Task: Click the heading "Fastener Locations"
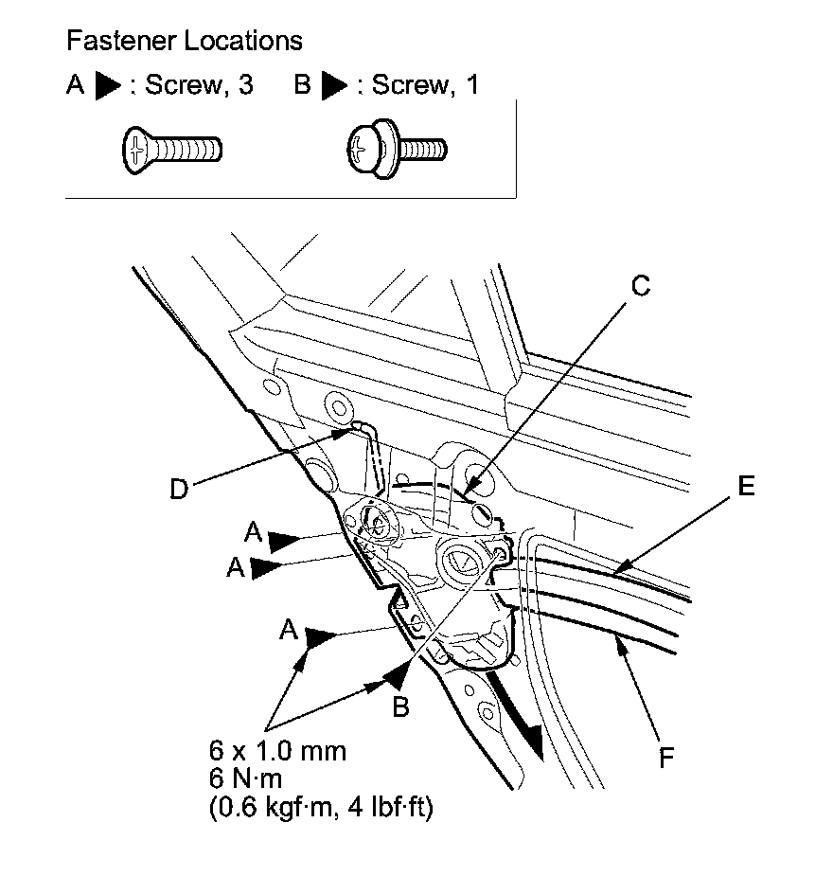click(184, 41)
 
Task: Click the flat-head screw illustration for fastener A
click(172, 151)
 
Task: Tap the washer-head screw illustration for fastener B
click(398, 150)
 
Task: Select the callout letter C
click(641, 286)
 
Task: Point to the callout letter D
click(179, 489)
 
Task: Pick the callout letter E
click(746, 486)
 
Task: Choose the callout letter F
click(666, 759)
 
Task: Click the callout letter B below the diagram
click(401, 707)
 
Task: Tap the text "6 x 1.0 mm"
click(277, 750)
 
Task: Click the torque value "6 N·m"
click(245, 778)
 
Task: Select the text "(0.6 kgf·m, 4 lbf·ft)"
click(321, 807)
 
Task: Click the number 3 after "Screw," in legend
click(245, 85)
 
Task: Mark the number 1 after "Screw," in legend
click(472, 85)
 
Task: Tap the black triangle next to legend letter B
click(333, 85)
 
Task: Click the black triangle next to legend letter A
click(107, 85)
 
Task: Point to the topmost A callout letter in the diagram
click(253, 532)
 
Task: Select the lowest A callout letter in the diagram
click(289, 630)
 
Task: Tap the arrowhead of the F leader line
click(620, 647)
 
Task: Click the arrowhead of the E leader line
click(622, 566)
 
